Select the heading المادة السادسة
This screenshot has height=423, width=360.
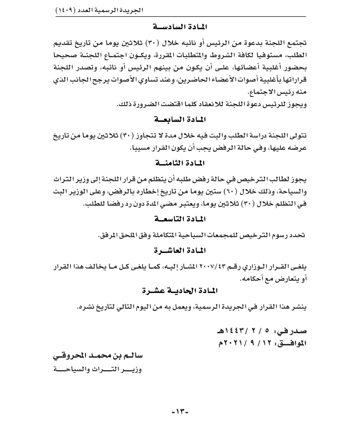180,27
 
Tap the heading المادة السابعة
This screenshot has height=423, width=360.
180,120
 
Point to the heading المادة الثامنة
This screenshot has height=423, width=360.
180,163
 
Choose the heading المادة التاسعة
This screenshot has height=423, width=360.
180,219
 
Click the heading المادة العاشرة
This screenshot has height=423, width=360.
180,251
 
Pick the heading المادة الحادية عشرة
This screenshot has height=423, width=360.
180,291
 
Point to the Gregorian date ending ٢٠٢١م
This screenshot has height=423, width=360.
248,343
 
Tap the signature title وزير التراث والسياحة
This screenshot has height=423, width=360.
98,369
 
